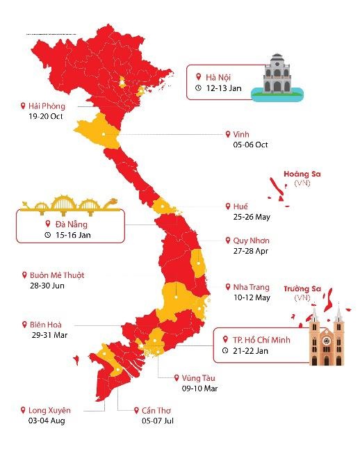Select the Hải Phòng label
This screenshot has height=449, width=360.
click(47, 106)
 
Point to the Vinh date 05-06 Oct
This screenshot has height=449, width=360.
click(251, 145)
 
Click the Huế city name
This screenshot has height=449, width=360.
click(240, 206)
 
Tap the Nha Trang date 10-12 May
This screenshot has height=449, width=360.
click(252, 297)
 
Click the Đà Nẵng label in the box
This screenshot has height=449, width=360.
click(71, 224)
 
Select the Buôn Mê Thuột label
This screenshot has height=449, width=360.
click(56, 275)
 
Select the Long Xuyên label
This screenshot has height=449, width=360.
click(49, 410)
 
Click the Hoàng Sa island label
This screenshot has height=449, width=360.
click(302, 174)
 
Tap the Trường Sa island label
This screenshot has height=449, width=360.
click(302, 288)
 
